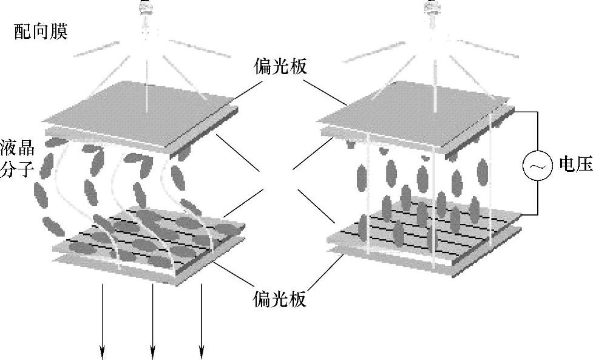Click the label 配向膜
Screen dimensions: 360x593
41,32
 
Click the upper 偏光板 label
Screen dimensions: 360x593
280,66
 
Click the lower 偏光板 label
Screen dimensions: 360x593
280,298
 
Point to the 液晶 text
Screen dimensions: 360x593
18,148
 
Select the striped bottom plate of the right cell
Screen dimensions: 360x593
425,234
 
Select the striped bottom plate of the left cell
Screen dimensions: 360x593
146,240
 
